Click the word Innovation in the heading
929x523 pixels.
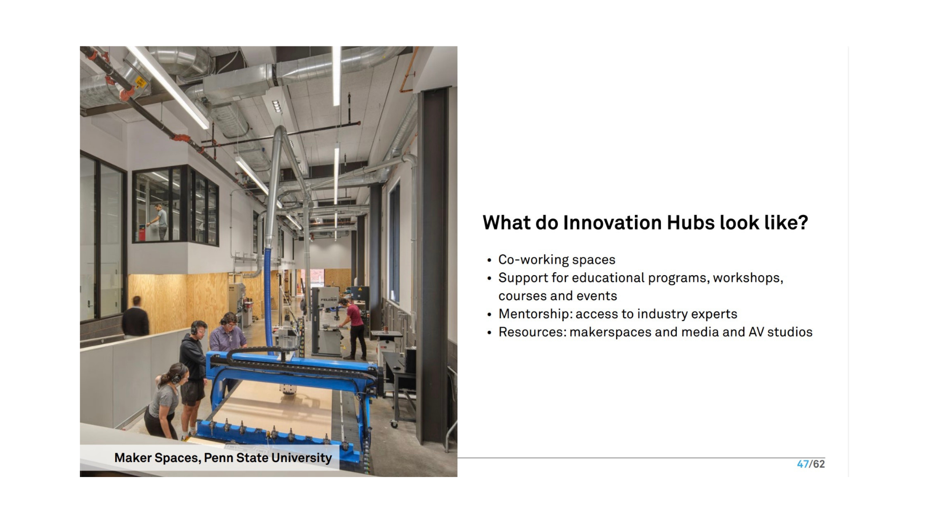612,223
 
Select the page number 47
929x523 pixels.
803,464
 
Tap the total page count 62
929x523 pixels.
819,464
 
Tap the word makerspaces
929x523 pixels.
610,333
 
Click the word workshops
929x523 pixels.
747,278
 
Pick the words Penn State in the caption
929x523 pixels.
236,458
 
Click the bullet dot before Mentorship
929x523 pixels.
489,315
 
